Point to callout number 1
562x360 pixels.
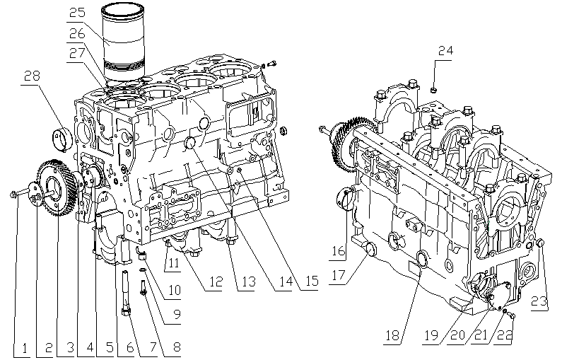(x=24, y=347)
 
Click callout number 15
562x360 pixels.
(x=308, y=281)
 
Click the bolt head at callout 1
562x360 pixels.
(x=13, y=194)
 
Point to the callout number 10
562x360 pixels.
(x=172, y=289)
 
